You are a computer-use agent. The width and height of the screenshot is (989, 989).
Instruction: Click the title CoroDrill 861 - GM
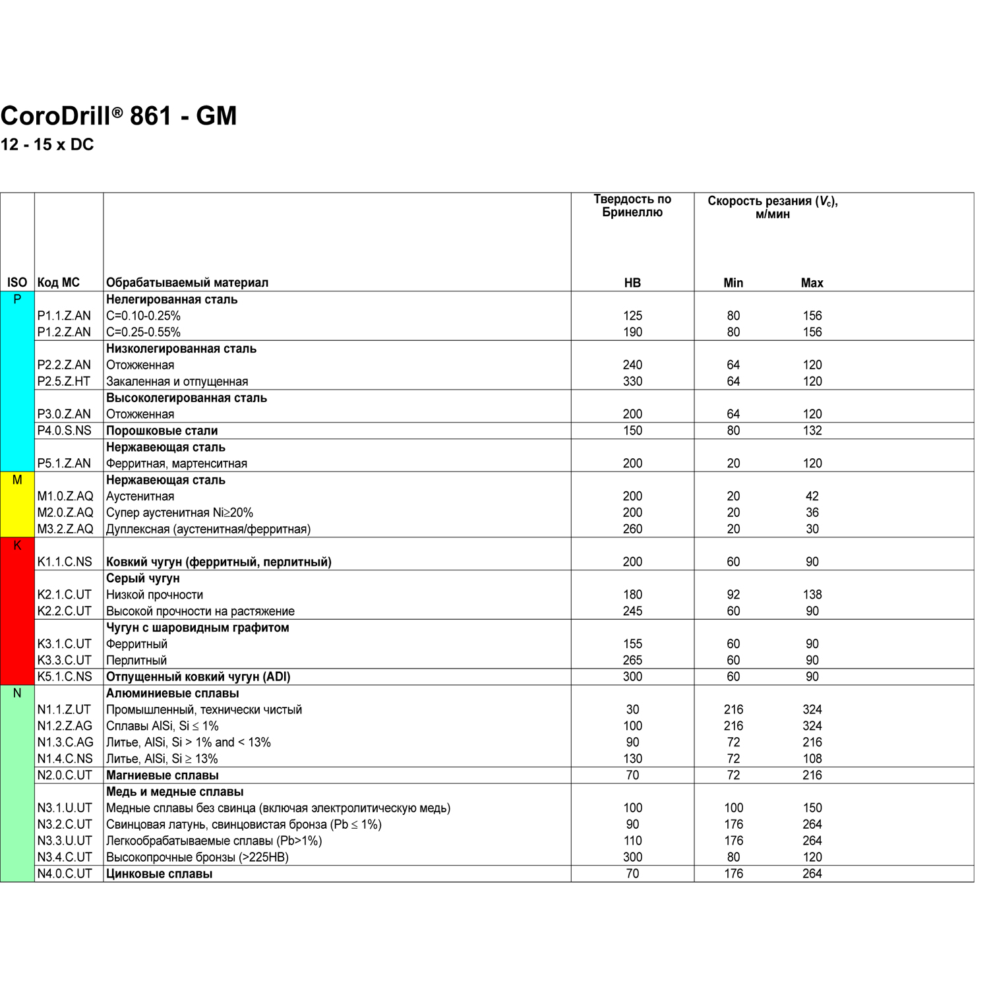click(119, 116)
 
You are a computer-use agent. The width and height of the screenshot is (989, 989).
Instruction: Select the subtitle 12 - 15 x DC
click(47, 145)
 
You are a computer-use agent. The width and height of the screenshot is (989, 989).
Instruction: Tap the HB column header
click(632, 283)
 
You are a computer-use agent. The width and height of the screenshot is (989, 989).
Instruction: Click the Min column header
click(733, 283)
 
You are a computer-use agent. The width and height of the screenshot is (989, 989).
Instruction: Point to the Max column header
click(812, 283)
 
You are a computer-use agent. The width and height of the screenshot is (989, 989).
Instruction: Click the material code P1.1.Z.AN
click(64, 316)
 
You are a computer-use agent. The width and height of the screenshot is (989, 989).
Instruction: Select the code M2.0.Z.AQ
click(65, 513)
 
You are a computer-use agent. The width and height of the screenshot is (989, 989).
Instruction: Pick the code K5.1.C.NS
click(65, 677)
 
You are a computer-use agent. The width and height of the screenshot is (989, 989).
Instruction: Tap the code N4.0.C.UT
click(65, 874)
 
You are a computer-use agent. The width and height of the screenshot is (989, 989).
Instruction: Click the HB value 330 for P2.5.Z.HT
click(632, 382)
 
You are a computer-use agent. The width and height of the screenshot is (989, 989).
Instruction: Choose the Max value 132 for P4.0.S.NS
click(812, 431)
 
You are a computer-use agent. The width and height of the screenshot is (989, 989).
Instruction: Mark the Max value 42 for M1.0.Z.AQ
click(812, 496)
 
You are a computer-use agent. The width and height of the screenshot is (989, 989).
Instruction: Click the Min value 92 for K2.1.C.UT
click(733, 595)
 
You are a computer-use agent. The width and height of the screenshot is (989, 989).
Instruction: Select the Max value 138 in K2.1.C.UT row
click(812, 595)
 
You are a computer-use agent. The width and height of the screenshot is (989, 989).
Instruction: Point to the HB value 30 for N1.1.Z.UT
click(632, 710)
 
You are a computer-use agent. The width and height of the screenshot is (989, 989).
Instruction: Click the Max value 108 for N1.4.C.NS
click(812, 759)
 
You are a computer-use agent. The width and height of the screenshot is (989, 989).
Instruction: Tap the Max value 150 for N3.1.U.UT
click(812, 808)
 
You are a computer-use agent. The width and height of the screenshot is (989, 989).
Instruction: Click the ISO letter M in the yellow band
click(17, 481)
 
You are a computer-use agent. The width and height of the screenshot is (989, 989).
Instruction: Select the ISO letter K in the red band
click(17, 546)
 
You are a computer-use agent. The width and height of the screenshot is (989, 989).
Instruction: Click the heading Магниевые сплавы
click(162, 775)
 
